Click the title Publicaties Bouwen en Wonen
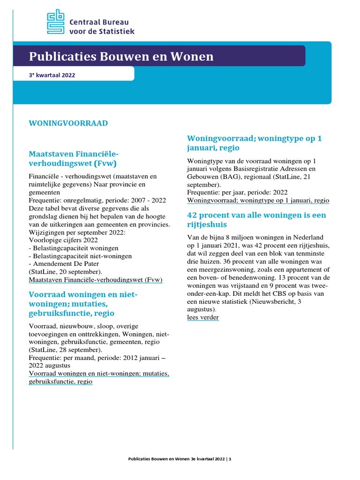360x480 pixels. (121, 57)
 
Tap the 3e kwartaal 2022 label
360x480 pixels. (52, 75)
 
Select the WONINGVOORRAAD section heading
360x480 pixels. (68, 123)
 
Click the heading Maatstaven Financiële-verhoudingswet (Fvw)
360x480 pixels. (74, 158)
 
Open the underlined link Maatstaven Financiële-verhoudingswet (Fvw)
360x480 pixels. (96, 280)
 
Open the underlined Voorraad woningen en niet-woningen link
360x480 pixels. (98, 377)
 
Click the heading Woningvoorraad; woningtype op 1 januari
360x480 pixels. (254, 143)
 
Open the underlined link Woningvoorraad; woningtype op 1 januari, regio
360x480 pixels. (258, 200)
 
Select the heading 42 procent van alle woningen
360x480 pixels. (256, 219)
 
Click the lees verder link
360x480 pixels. (202, 317)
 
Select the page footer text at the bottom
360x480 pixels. (180, 459)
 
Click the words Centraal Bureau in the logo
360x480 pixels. (98, 22)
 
